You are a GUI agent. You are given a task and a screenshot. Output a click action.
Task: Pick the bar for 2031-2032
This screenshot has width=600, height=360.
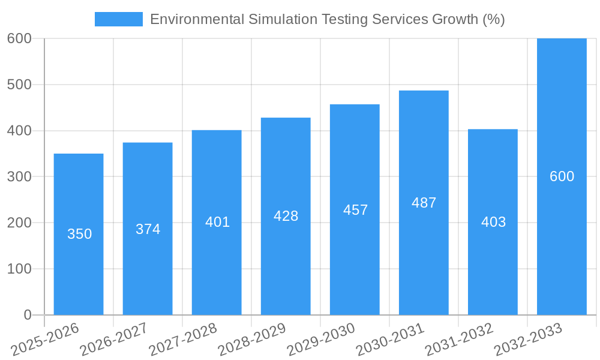(493, 270)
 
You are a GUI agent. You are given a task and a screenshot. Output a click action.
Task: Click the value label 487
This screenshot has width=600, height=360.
(424, 203)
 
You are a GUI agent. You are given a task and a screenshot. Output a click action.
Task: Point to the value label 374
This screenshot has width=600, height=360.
(148, 229)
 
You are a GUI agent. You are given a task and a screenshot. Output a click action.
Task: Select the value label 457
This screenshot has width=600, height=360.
(355, 210)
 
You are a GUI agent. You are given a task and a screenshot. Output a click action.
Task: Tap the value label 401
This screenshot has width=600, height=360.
(217, 222)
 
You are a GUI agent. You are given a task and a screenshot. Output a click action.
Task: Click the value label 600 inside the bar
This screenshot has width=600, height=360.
(562, 176)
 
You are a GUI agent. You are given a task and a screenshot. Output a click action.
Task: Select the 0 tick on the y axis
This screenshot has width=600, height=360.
(27, 315)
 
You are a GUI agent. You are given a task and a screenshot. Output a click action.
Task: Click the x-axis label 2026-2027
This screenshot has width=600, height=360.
(114, 340)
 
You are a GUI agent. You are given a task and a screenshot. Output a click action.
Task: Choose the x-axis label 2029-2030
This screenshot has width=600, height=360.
(321, 340)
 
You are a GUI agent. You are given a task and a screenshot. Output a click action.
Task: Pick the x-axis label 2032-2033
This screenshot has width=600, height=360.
(528, 340)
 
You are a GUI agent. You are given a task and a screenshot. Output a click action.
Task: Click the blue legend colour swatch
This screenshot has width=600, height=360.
(119, 19)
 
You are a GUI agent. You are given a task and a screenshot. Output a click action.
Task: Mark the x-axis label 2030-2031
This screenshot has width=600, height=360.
(390, 340)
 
